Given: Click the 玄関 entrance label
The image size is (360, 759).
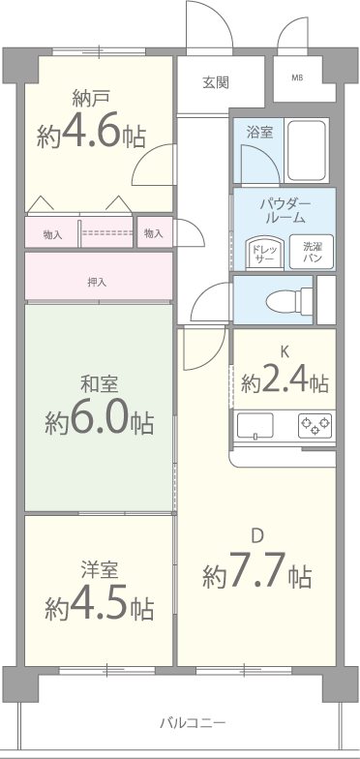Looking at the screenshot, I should coord(216,82).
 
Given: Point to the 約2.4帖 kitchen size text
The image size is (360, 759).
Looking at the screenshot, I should coord(285,381).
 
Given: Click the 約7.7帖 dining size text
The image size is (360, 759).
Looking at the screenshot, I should coord(256,576).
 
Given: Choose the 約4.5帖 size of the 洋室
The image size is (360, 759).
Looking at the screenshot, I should coord(98,607).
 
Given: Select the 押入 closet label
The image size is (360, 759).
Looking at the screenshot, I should coord(97,283).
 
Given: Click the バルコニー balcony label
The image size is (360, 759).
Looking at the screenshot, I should coord(193,723).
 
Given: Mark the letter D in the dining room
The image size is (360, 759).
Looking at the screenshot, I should coord(257,535).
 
